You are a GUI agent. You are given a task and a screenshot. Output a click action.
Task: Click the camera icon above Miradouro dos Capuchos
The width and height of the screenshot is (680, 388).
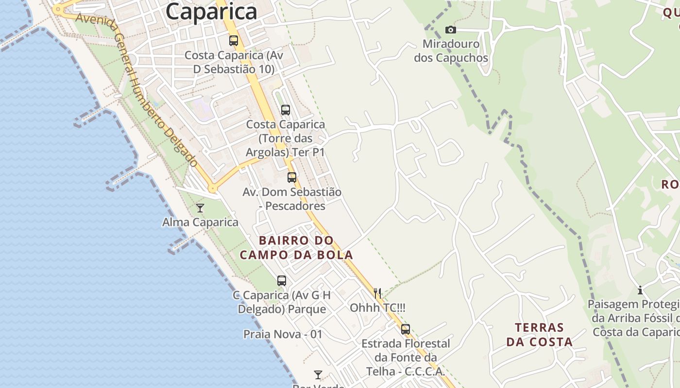451,30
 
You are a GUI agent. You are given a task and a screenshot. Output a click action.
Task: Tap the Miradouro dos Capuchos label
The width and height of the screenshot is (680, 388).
451,51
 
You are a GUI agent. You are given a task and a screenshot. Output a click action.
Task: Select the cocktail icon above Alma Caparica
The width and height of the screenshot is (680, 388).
200,208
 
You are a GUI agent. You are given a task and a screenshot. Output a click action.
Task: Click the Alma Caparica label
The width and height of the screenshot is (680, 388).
200,223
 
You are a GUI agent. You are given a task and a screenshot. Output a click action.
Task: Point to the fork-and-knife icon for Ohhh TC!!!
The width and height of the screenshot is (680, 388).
377,293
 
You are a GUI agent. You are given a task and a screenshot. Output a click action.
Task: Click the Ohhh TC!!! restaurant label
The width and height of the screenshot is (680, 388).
377,308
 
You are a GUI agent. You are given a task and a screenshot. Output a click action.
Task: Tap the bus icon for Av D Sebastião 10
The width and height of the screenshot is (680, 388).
234,41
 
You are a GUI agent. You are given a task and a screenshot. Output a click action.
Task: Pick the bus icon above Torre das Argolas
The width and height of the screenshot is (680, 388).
286,110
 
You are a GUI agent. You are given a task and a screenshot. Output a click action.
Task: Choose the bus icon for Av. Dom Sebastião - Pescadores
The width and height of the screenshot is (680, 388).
292,178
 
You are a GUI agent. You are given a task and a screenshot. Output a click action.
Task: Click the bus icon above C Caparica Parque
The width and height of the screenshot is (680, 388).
282,280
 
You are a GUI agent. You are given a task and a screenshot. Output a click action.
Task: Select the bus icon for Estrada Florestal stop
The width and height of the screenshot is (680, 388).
406,329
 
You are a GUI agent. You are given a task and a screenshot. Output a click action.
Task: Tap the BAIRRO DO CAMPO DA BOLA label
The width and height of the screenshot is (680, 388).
296,247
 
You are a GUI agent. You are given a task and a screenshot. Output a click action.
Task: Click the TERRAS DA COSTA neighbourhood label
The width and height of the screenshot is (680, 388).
540,335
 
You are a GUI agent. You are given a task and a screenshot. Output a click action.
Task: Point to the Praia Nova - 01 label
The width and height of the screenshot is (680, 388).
283,334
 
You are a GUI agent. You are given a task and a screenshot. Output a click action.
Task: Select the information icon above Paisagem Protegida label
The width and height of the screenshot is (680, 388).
640,290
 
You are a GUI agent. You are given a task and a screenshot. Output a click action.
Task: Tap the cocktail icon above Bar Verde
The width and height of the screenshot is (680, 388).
318,375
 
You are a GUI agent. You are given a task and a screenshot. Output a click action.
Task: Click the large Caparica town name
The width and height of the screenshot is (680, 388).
211,12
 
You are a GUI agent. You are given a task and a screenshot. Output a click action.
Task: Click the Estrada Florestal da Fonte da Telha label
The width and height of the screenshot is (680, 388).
406,357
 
